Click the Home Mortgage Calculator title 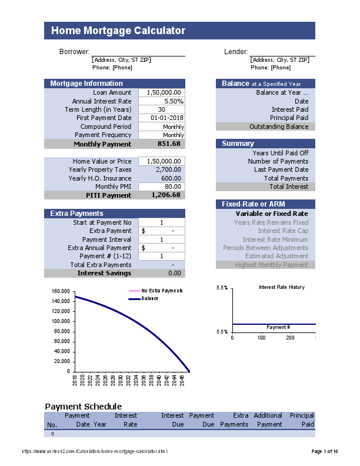[118, 31]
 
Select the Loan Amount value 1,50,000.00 [162, 92]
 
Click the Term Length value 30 [162, 109]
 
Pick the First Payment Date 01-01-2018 [163, 118]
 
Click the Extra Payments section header [77, 214]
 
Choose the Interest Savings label [105, 273]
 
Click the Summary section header [238, 144]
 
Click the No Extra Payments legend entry [162, 291]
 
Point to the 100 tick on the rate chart [261, 338]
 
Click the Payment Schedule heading [84, 407]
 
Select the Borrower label [74, 52]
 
